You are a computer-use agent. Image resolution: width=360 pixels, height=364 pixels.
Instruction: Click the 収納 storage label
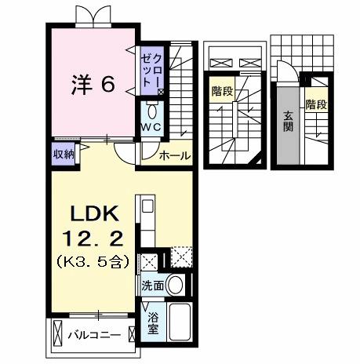[x=64, y=153]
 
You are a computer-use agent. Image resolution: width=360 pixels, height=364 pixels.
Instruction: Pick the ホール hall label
[x=174, y=155]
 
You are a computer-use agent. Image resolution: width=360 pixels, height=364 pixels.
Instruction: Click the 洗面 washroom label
[x=153, y=286]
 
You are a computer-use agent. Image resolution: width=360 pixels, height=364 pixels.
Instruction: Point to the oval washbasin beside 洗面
[x=176, y=286]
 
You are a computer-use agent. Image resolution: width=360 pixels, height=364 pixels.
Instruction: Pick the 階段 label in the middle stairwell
[x=222, y=91]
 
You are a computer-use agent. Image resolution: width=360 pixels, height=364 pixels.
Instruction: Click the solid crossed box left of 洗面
[x=148, y=262]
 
